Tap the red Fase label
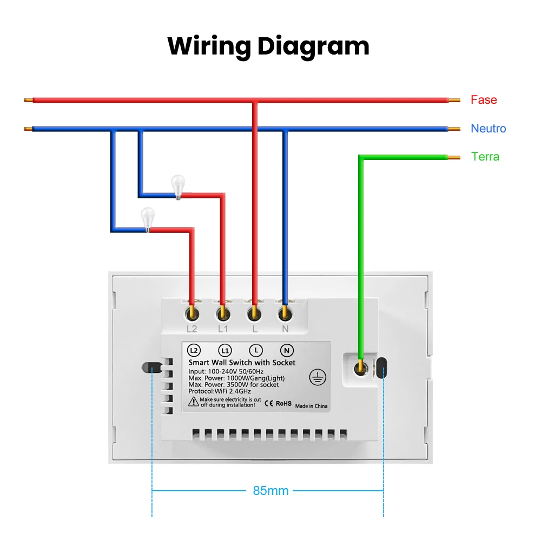coord(483,100)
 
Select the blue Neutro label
coord(488,129)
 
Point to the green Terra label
coord(485,157)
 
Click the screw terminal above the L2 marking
coord(192,312)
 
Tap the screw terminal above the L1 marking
coord(222,312)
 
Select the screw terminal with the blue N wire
coord(284,312)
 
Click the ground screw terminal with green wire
coord(359,368)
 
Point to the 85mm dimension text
coord(270,491)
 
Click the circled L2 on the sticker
coord(194,350)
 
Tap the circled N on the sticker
coord(287,350)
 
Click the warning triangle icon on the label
coord(192,402)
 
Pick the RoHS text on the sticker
coord(284,403)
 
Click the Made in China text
coord(311,406)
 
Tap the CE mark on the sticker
coord(269,403)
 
